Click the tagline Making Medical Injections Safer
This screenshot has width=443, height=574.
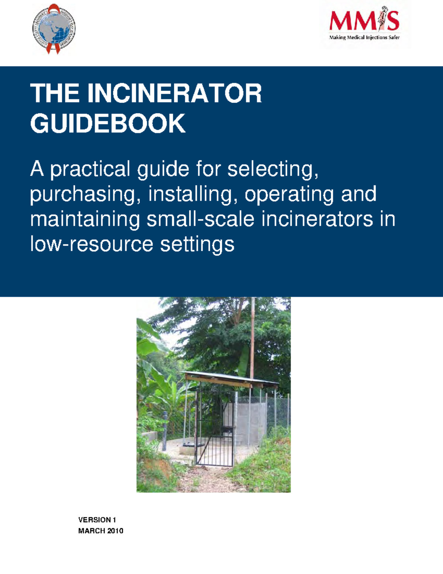coord(364,37)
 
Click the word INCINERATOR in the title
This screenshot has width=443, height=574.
coord(174,94)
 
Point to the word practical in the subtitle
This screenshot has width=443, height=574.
coord(92,170)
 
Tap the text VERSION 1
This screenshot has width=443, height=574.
coord(97,520)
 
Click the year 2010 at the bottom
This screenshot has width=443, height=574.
coord(115,531)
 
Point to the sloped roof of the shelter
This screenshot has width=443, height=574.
coord(231,380)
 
